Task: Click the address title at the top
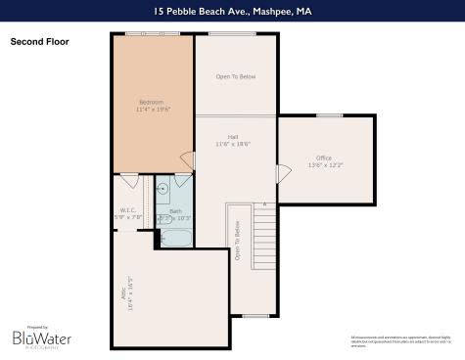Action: coord(232,12)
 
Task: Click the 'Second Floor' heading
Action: coord(37,42)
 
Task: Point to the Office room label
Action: coord(324,157)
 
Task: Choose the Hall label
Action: coord(233,137)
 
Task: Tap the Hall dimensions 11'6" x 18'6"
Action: coord(233,144)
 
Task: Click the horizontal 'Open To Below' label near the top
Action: coord(235,75)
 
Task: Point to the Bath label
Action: coord(175,210)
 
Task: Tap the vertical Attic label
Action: coord(127,291)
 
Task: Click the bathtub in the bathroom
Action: coord(176,238)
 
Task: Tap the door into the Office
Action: coord(284,173)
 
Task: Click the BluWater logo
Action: coord(41,337)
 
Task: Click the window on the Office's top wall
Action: coord(329,115)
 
